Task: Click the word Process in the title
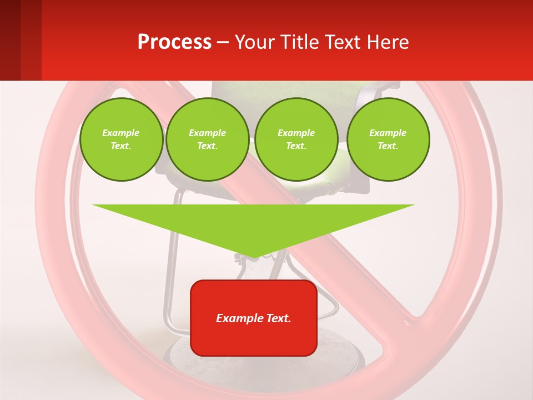point(174,42)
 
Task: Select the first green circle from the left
point(121,139)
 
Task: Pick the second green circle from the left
point(207,139)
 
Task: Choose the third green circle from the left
point(296,139)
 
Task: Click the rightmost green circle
point(388,139)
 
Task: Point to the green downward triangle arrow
point(254,222)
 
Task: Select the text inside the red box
point(254,318)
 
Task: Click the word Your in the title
point(255,42)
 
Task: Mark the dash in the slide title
point(223,43)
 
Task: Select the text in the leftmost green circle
point(121,139)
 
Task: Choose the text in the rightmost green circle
point(388,139)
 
